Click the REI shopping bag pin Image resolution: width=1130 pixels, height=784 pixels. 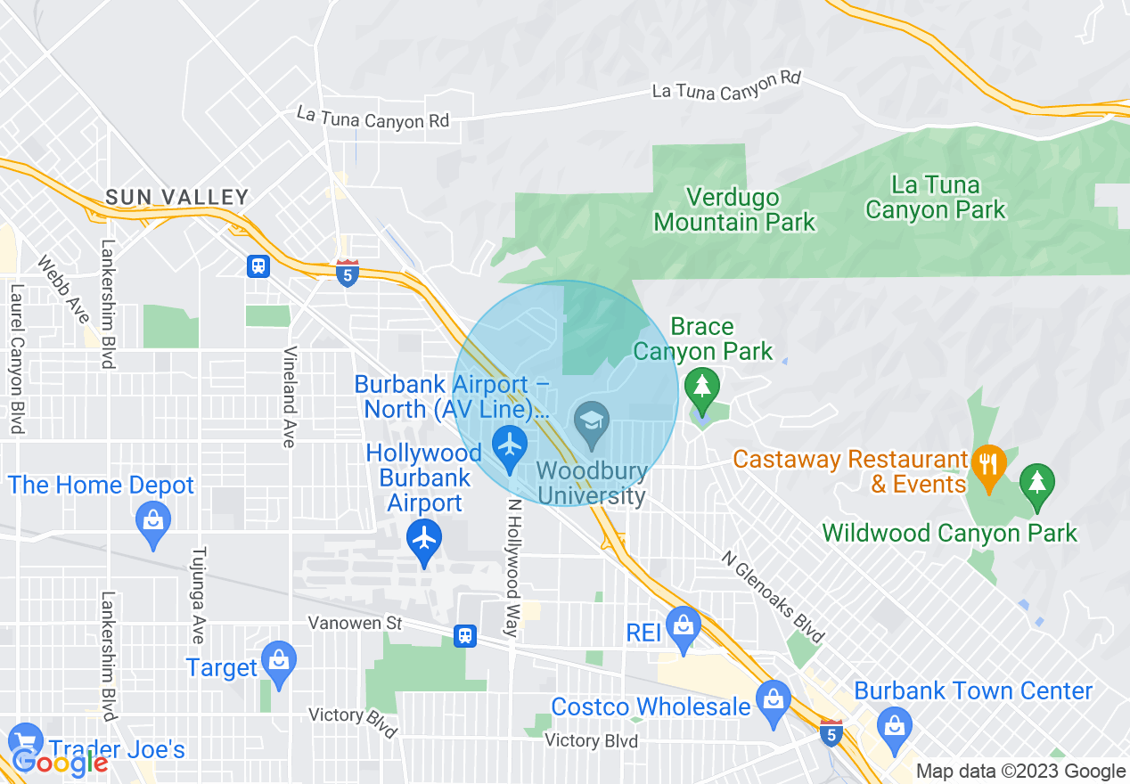pyautogui.click(x=684, y=625)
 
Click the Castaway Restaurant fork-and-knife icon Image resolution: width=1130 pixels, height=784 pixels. pyautogui.click(x=989, y=463)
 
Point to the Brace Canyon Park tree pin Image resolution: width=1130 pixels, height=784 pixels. pyautogui.click(x=702, y=388)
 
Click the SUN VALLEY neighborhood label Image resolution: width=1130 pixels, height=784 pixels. pyautogui.click(x=176, y=197)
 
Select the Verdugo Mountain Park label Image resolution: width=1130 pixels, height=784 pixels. pyautogui.click(x=734, y=209)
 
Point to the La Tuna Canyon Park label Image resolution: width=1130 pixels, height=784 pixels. pyautogui.click(x=935, y=198)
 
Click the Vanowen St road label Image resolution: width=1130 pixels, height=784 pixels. pyautogui.click(x=355, y=623)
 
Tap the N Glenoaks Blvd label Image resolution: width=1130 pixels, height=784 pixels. pyautogui.click(x=772, y=594)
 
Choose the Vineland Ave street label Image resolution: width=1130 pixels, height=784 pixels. pyautogui.click(x=289, y=396)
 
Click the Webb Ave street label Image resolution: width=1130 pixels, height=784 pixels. pyautogui.click(x=63, y=290)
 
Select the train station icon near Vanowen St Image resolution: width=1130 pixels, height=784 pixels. pyautogui.click(x=464, y=635)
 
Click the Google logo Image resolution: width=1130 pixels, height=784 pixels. pyautogui.click(x=60, y=763)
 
